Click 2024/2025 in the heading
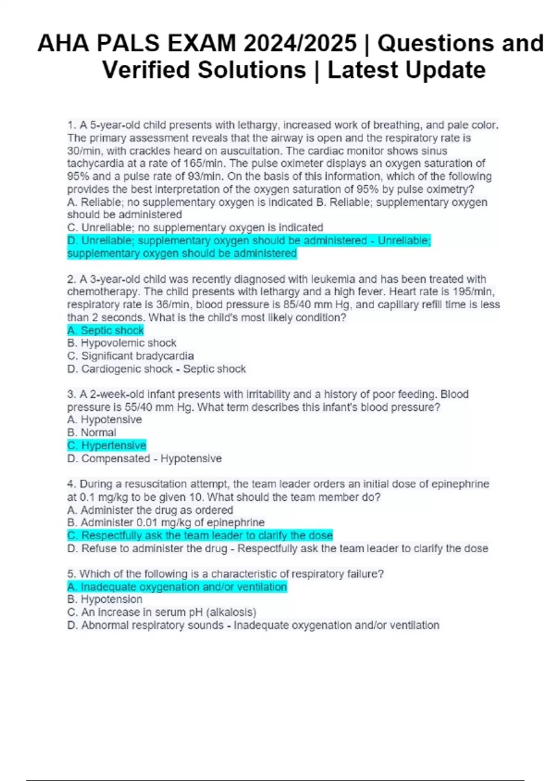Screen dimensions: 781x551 tap(300, 44)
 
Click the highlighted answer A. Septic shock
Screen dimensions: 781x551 tap(106, 330)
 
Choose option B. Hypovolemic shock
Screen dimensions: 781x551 tap(122, 343)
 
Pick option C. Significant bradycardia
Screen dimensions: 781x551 tap(130, 356)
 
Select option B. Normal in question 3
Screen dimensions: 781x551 tap(92, 432)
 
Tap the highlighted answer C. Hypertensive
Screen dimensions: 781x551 tap(107, 445)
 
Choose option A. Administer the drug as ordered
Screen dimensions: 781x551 tap(150, 510)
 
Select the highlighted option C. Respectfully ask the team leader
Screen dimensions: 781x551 tap(200, 536)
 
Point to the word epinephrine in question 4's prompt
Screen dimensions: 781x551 tap(462, 484)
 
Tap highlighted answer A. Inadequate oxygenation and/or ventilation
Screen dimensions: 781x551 tap(177, 587)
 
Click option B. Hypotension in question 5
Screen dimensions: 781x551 tap(105, 600)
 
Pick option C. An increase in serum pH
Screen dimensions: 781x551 tap(162, 612)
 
